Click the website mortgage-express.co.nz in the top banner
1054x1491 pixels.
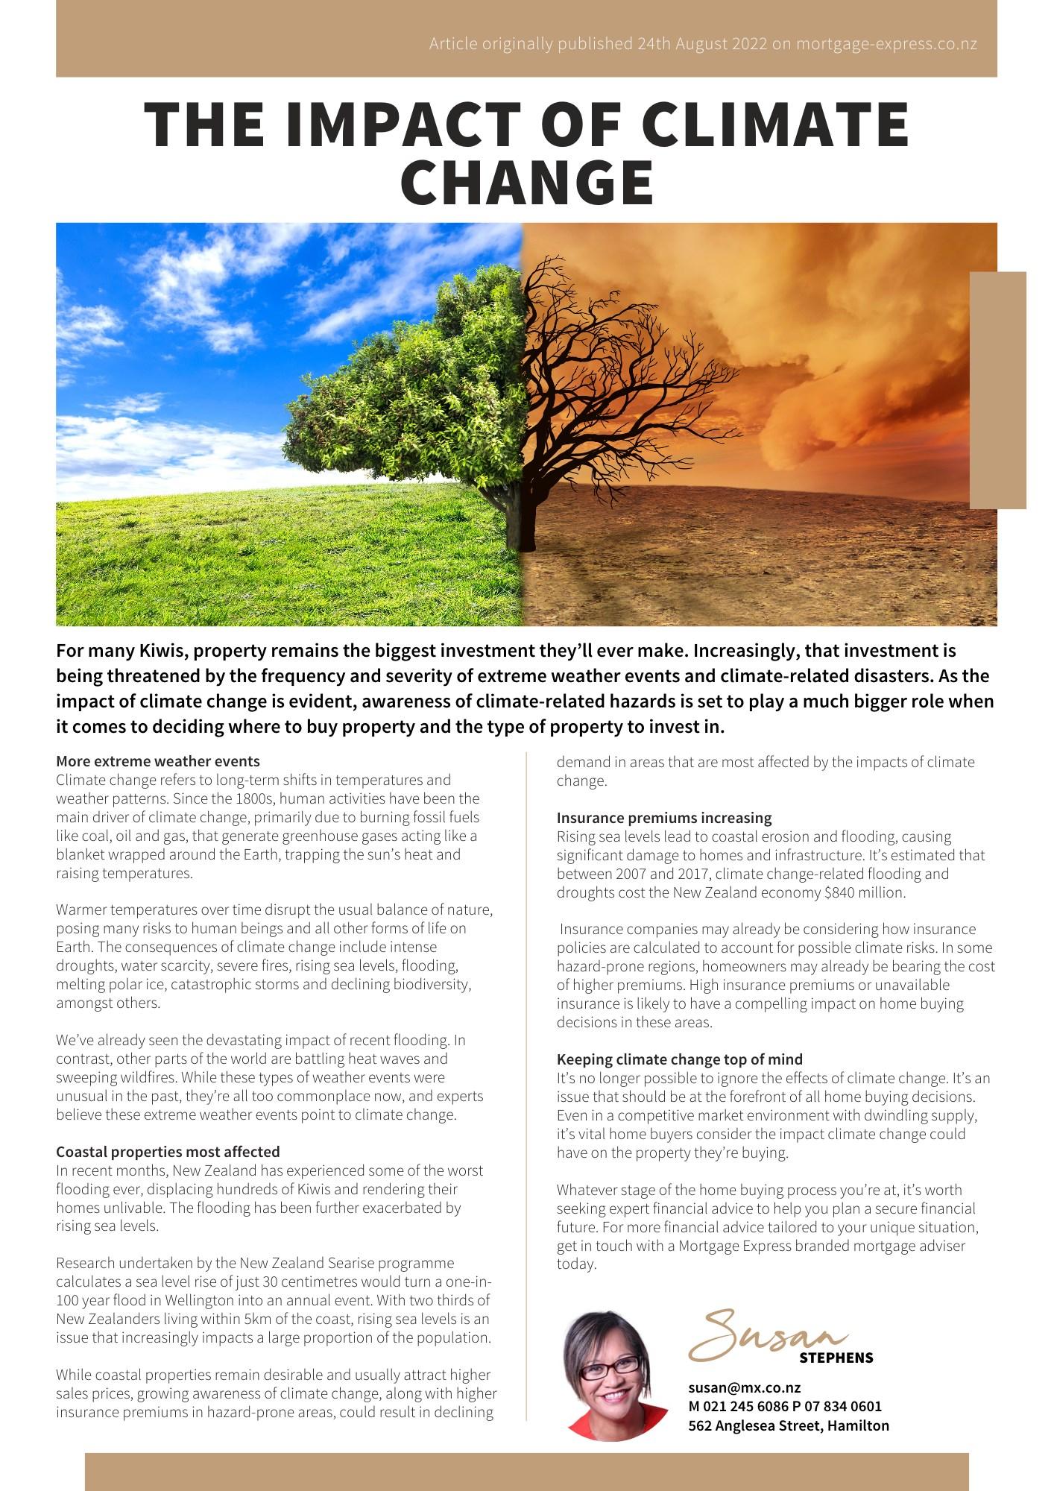[886, 43]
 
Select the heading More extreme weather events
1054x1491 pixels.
[158, 761]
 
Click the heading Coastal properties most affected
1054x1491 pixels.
[168, 1152]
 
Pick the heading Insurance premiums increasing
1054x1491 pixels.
[664, 818]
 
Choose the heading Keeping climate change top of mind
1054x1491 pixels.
[680, 1059]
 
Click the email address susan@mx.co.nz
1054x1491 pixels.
[744, 1387]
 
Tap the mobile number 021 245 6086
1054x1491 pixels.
[758, 1406]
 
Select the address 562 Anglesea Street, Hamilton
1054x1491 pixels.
[788, 1425]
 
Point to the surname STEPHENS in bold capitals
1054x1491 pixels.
[836, 1358]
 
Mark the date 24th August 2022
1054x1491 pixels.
[701, 43]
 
